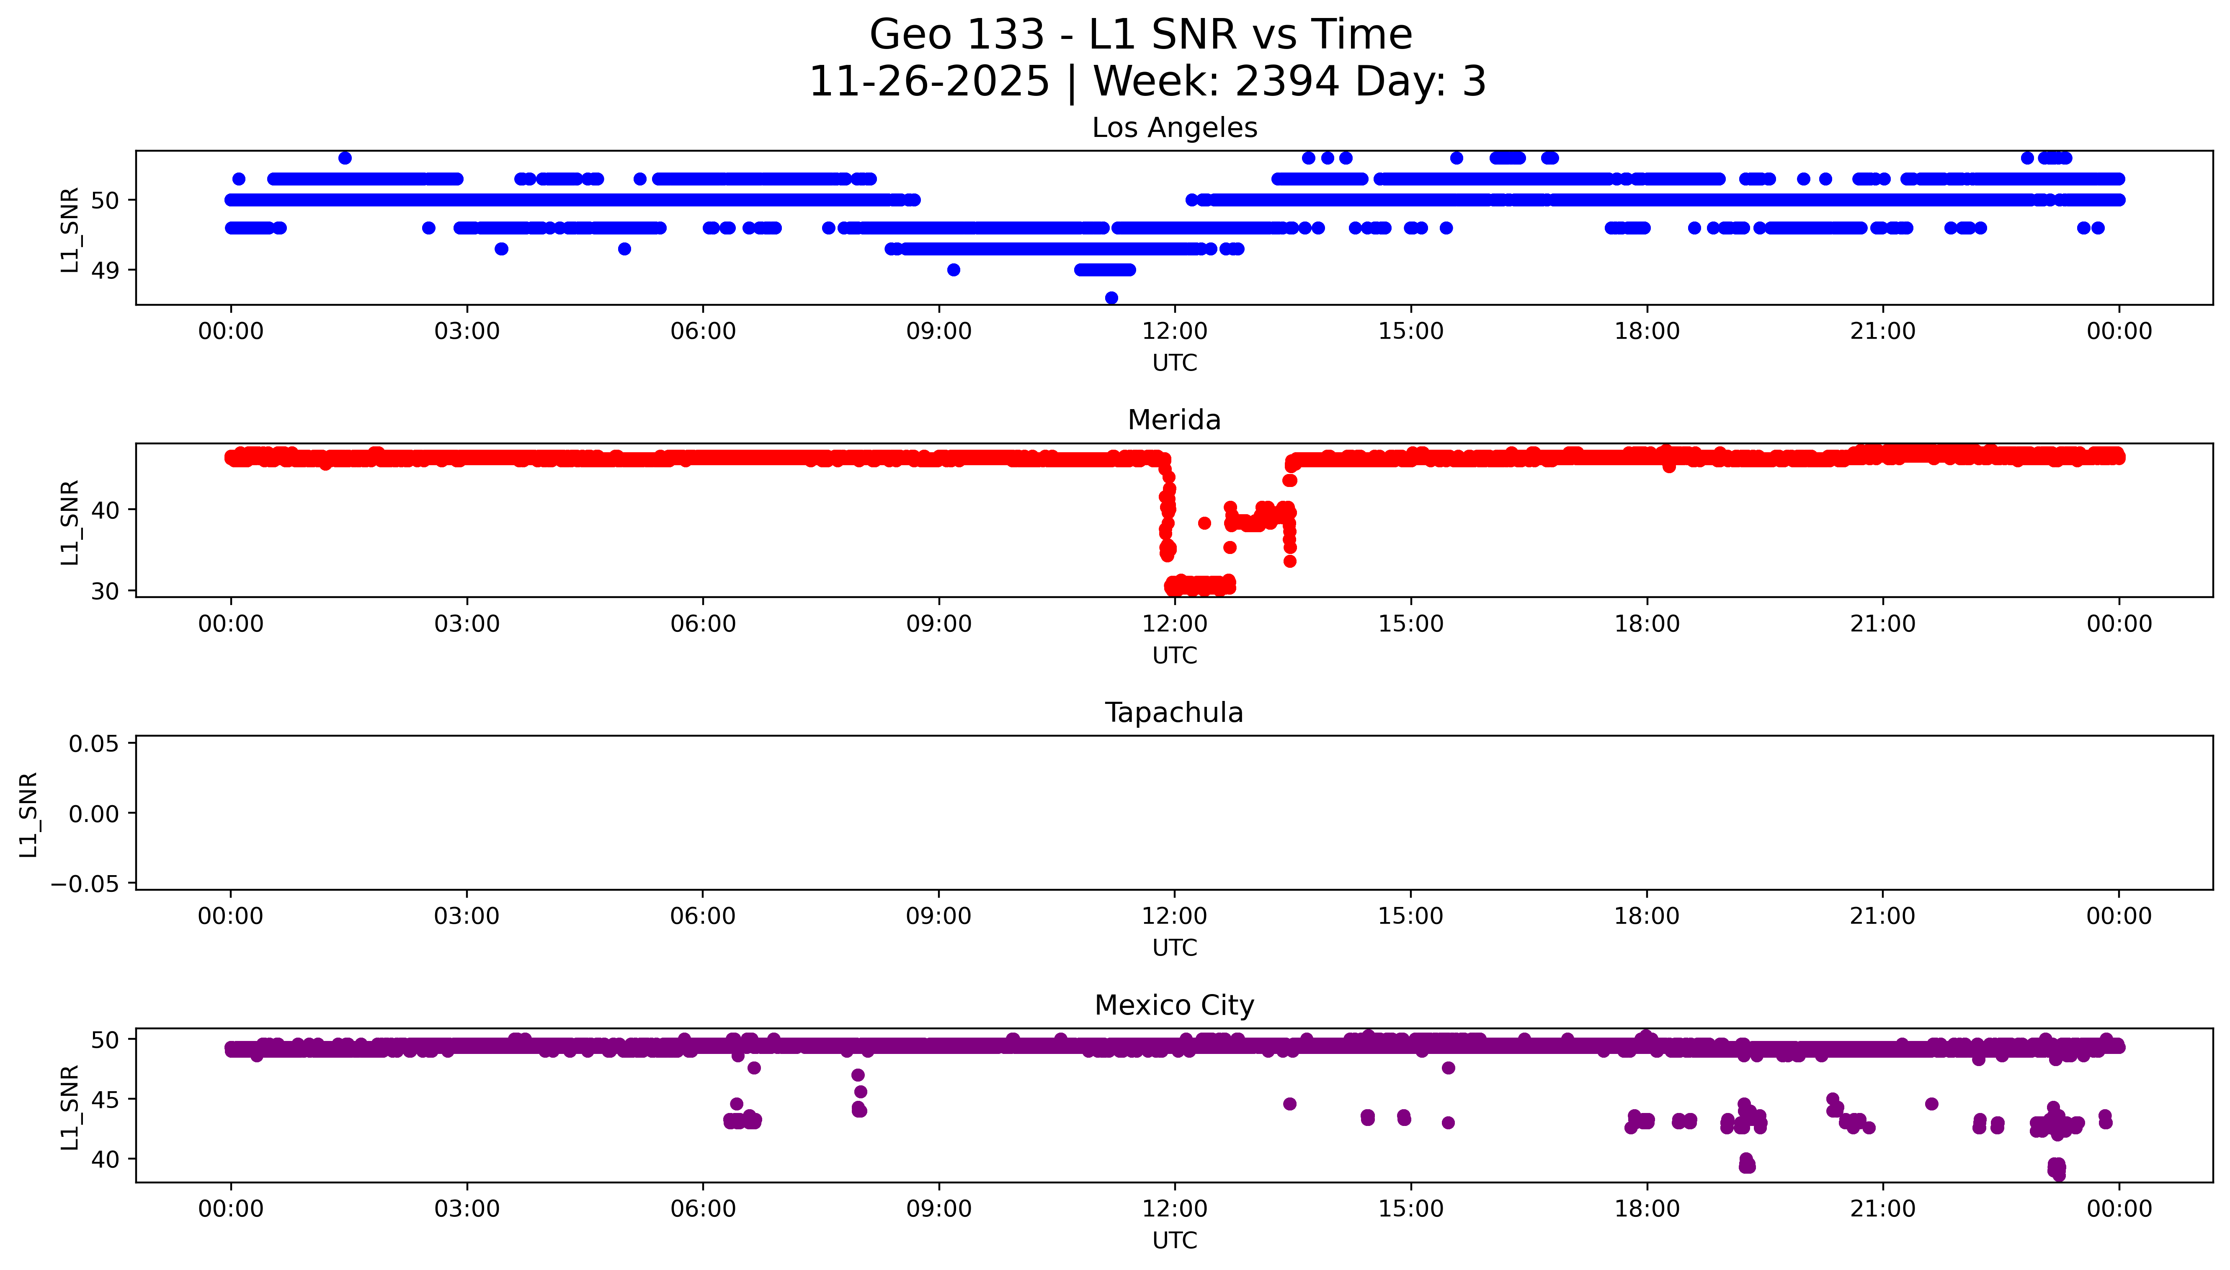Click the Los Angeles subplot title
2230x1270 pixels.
[x=1174, y=128]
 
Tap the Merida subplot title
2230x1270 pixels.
[x=1174, y=420]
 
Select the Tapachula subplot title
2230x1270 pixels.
[x=1174, y=713]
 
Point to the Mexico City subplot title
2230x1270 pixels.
[x=1174, y=1006]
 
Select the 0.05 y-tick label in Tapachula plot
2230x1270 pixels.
[x=94, y=744]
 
